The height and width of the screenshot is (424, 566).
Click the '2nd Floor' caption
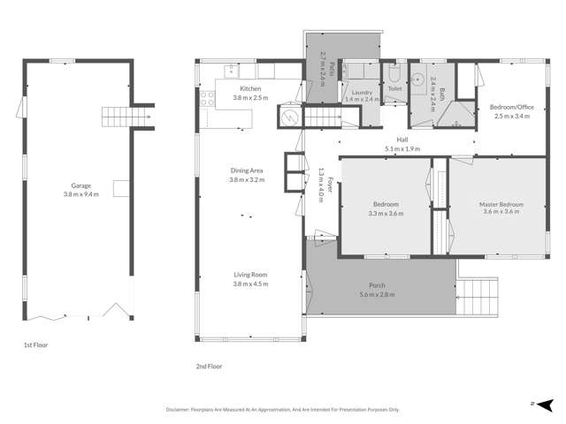(209, 365)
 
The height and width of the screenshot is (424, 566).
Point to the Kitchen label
(250, 89)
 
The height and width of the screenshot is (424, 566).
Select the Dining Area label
(249, 171)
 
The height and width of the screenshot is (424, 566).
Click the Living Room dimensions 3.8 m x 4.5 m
(249, 284)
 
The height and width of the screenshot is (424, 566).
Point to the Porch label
(377, 285)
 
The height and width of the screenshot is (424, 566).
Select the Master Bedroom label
(501, 204)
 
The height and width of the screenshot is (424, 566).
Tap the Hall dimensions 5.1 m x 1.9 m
(402, 149)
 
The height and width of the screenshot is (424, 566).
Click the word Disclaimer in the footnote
(181, 410)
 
